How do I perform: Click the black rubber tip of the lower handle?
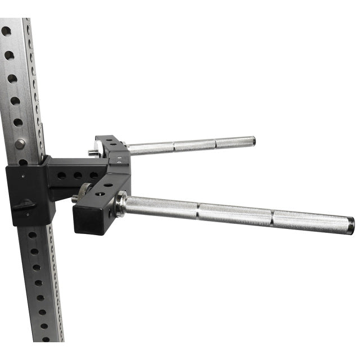coord(350,226)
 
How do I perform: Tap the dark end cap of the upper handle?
coord(253,141)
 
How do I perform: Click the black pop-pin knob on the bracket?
coord(24,205)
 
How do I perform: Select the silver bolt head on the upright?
coord(20,144)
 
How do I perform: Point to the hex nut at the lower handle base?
coord(121,205)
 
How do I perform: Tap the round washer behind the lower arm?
coord(85,191)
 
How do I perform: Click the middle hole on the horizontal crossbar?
coord(78,175)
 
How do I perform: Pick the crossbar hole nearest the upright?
coord(62,175)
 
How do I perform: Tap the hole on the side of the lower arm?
coord(99,193)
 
